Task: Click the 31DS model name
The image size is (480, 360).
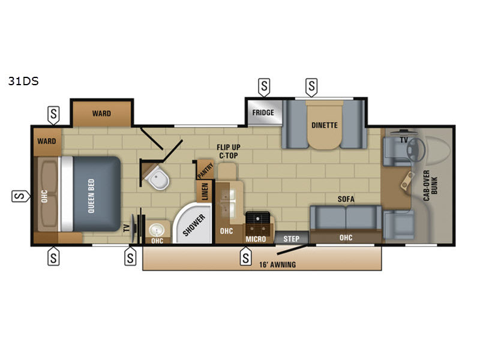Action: tap(23, 81)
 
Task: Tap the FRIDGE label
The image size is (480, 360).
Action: tap(263, 113)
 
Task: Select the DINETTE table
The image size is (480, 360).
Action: tap(324, 125)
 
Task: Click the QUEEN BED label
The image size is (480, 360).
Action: tap(91, 196)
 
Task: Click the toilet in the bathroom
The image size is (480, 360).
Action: tap(157, 178)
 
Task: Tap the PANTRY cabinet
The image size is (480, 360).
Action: tap(205, 170)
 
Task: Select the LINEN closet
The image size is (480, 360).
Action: tap(205, 191)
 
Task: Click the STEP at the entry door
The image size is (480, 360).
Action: tap(291, 238)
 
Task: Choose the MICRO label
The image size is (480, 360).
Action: tap(256, 239)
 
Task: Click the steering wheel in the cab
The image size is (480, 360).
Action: tap(416, 149)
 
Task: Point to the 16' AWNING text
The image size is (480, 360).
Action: tap(277, 265)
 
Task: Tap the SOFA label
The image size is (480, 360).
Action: tap(346, 199)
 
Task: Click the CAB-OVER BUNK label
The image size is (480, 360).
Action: tap(430, 185)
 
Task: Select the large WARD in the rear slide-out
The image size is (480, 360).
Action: tap(101, 113)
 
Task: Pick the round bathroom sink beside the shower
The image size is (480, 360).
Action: tap(157, 230)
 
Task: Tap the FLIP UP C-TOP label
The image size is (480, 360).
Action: tap(229, 151)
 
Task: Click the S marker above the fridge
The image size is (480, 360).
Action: tap(264, 87)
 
